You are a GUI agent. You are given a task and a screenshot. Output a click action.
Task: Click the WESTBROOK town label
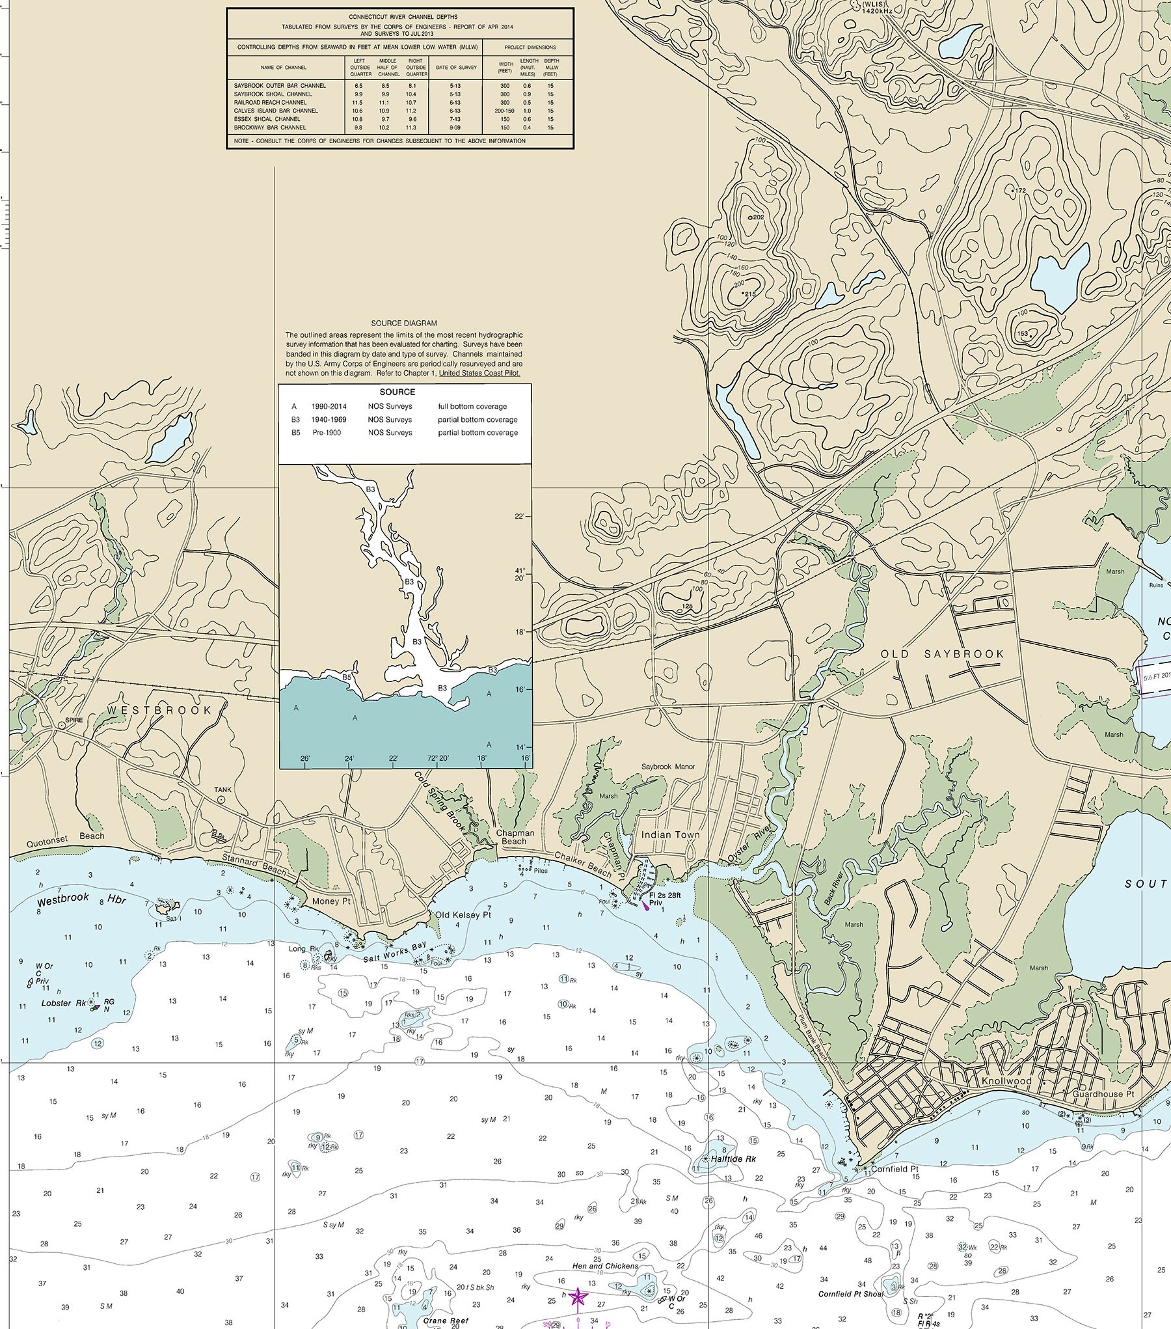tap(159, 710)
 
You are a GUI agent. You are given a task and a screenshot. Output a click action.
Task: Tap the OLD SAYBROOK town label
tap(943, 654)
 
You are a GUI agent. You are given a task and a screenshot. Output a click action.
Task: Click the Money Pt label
tap(331, 901)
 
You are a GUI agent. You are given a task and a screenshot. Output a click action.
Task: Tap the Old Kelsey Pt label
tap(463, 914)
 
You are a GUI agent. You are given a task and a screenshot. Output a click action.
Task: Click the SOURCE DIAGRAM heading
tap(404, 323)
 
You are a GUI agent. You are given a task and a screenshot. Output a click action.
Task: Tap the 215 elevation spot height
tap(749, 294)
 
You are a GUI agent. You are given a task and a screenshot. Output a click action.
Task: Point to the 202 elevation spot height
tap(758, 216)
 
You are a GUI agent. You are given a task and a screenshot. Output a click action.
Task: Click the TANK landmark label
tap(222, 789)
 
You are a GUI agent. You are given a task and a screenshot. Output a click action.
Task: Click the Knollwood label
tap(1007, 1081)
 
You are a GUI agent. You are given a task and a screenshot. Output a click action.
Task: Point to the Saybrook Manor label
tap(667, 767)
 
